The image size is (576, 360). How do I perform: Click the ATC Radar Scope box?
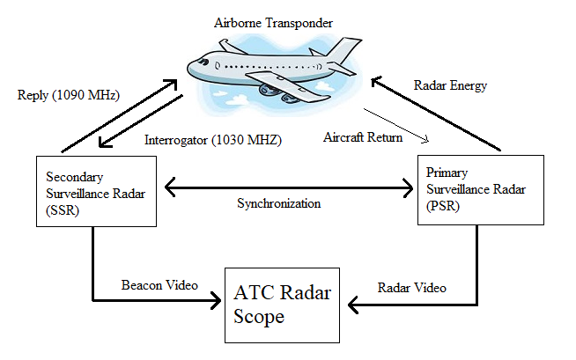point(282,304)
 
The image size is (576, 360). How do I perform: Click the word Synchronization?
point(278,203)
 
